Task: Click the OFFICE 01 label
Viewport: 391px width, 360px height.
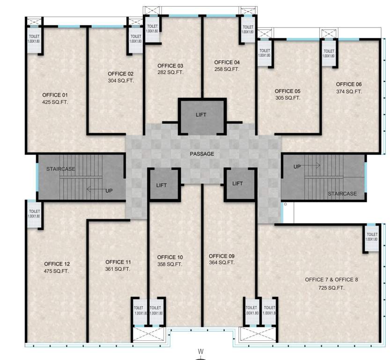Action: (55, 94)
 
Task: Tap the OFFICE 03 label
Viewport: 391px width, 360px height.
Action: (170, 65)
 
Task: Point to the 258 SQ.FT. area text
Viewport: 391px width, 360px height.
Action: (227, 69)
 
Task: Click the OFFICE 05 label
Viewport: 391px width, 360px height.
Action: (288, 91)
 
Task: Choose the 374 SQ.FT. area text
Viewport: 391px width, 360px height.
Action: (349, 91)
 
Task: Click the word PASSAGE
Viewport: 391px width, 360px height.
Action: (202, 154)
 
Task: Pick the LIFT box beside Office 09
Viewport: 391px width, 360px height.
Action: (238, 184)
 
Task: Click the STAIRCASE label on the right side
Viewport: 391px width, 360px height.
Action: (342, 194)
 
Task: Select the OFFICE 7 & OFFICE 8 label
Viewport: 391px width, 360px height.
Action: (331, 279)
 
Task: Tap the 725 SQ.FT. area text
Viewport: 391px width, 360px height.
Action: (331, 287)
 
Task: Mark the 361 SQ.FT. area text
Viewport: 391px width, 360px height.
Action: (118, 269)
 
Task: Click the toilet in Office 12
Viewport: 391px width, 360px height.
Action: (34, 214)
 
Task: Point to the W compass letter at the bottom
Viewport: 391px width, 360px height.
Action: (200, 351)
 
